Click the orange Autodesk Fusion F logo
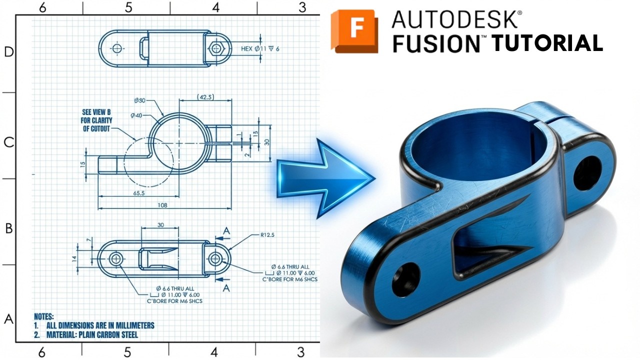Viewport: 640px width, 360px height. pos(354,31)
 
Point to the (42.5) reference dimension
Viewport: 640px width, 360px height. pos(205,96)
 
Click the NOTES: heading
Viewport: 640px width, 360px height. pos(43,316)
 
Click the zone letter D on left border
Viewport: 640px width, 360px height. pos(8,52)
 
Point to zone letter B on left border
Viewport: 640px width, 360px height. pos(8,228)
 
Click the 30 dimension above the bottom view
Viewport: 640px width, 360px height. pos(160,224)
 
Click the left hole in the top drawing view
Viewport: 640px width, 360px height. pos(117,48)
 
